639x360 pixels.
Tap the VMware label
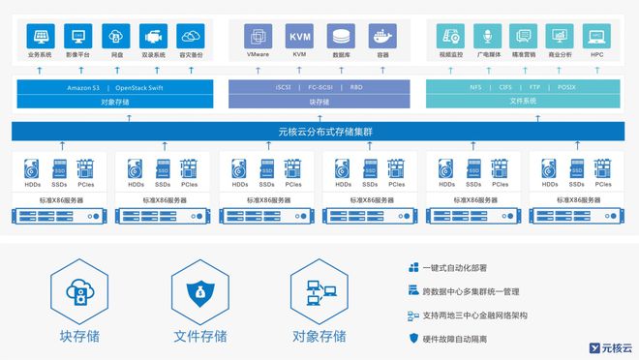click(x=259, y=55)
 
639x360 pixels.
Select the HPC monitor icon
click(x=597, y=37)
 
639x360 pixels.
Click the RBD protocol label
click(x=356, y=86)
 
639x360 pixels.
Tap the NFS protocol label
click(x=475, y=86)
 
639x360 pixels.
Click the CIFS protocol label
click(x=506, y=86)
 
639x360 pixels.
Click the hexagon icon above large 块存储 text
click(x=78, y=291)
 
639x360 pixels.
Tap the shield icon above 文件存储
click(x=198, y=291)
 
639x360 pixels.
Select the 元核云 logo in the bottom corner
click(x=610, y=346)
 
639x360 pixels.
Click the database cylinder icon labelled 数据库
click(x=341, y=37)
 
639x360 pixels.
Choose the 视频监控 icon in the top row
click(x=450, y=37)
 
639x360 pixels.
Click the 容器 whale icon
click(x=382, y=37)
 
